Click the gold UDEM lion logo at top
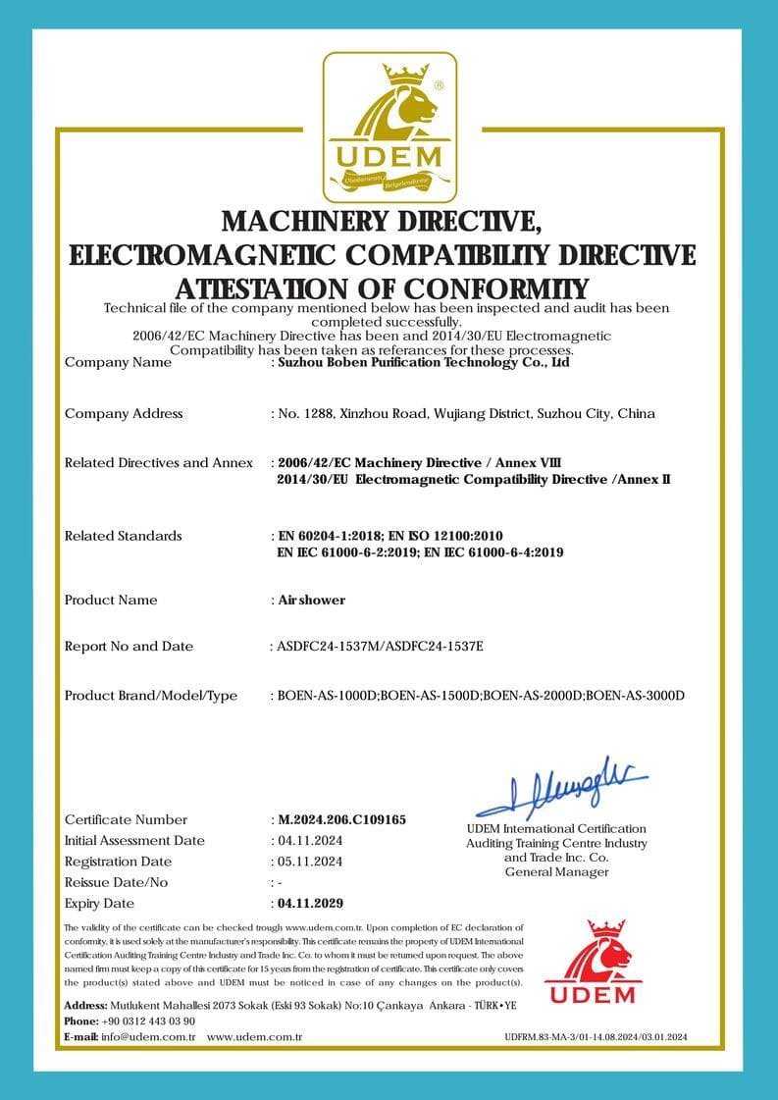click(x=389, y=126)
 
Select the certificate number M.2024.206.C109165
click(x=341, y=819)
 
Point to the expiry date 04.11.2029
click(x=310, y=903)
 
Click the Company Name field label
click(x=118, y=362)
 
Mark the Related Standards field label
click(x=124, y=536)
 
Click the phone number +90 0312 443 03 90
click(x=148, y=1021)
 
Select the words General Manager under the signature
click(x=556, y=871)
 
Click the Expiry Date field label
click(x=99, y=903)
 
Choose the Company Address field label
click(x=124, y=413)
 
